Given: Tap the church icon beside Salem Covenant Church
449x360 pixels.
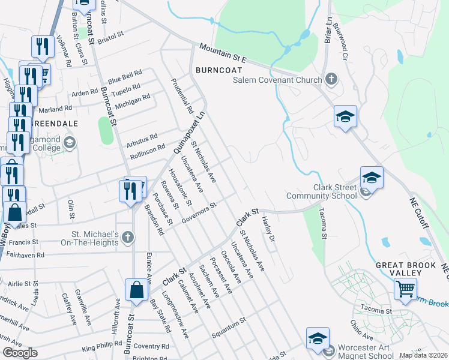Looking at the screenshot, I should pos(331,79).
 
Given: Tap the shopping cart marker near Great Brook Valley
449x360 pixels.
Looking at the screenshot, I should pos(406,289).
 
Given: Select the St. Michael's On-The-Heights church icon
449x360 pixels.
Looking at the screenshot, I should pos(127,238).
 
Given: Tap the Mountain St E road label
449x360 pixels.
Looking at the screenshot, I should pos(223,52).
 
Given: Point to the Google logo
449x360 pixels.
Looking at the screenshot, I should pos(20,353).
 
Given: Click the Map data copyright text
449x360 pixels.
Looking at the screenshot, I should pos(423,355).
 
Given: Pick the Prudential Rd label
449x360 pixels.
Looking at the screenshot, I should pos(181,97).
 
